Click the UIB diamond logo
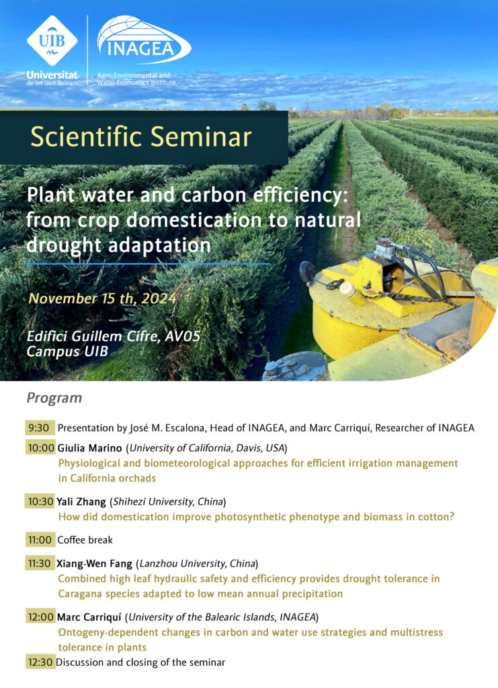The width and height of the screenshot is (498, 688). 52,41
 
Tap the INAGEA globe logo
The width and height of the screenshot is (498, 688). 144,41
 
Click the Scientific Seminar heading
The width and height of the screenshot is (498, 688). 141,136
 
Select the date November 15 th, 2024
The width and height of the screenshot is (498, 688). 102,298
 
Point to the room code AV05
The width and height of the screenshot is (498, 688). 183,336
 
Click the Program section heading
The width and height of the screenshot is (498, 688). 54,398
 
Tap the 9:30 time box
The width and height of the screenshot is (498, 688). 40,428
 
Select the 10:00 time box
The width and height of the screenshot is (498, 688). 40,448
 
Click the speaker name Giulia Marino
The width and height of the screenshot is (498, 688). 89,448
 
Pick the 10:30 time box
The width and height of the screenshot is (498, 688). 40,501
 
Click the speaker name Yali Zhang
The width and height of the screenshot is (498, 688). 81,502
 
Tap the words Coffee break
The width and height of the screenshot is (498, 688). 85,540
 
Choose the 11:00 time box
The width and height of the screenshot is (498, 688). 40,540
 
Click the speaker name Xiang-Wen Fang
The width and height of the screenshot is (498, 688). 94,564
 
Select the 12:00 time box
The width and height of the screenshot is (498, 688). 40,617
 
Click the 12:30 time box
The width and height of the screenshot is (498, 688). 40,662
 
